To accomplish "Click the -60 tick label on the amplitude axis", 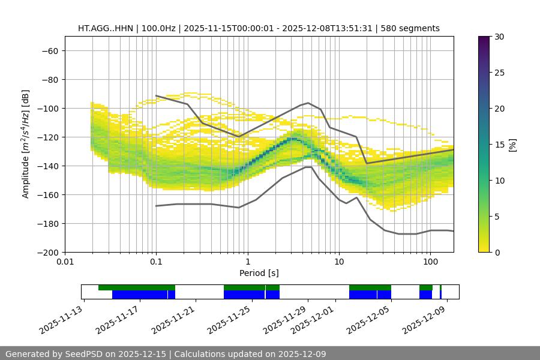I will coord(49,50).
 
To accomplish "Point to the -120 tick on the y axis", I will coord(47,137).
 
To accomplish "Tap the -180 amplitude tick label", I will coord(47,223).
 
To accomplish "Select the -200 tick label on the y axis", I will coord(47,252).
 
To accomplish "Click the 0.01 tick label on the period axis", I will coord(65,262).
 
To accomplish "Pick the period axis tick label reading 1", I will coord(247,262).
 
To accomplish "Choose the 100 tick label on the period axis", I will coord(430,262).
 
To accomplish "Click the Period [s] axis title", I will coord(259,273).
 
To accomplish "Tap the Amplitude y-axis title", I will coord(26,144).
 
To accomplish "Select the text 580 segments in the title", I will coord(414,28).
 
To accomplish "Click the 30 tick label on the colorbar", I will coord(499,37).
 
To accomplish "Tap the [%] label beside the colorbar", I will coord(512,144).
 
